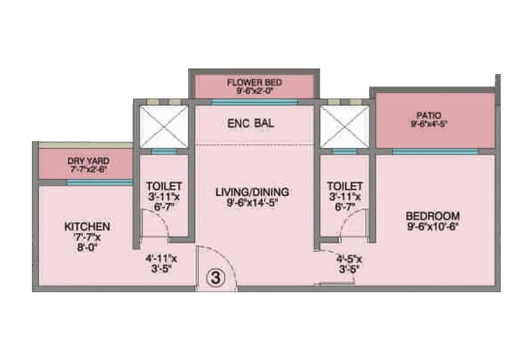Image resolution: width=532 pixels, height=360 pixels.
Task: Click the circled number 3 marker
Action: (216, 277)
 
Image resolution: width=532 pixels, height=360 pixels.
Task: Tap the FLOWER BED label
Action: (255, 83)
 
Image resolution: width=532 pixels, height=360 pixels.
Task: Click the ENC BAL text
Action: (251, 124)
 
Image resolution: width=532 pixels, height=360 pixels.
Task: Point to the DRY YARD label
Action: (88, 161)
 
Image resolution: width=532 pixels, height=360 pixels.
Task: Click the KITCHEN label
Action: (87, 227)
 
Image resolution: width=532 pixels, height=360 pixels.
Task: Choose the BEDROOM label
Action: (433, 216)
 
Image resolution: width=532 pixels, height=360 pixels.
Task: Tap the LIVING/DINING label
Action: (253, 192)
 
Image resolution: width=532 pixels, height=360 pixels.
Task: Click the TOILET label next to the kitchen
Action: (164, 186)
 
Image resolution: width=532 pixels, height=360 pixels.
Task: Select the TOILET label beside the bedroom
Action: (345, 186)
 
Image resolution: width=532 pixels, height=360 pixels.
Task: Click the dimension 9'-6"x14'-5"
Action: (253, 204)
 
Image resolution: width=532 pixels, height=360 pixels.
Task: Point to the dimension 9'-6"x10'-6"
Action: (433, 227)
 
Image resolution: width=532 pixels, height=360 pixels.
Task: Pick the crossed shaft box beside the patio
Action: (344, 126)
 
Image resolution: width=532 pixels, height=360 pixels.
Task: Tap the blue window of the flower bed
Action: (254, 102)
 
